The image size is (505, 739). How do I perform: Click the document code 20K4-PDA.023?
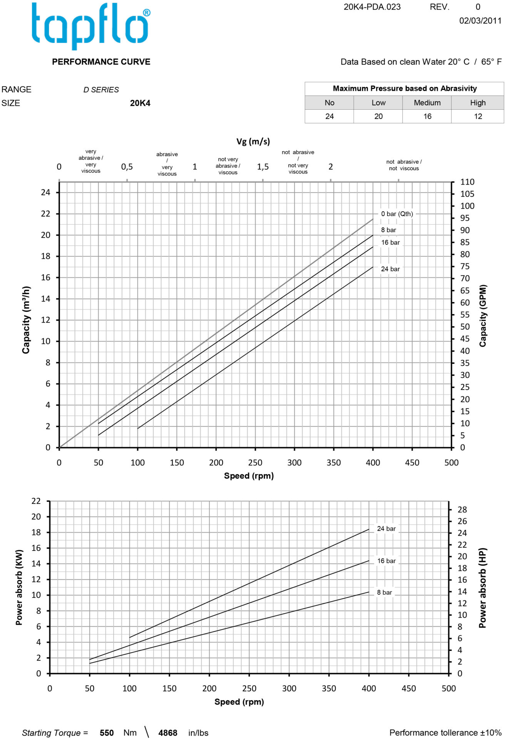[x=372, y=7]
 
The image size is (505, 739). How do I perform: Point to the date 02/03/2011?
[x=480, y=21]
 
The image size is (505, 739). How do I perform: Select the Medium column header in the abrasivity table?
[x=427, y=103]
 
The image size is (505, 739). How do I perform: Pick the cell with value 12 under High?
[x=478, y=116]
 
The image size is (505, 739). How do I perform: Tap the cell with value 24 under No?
[x=329, y=116]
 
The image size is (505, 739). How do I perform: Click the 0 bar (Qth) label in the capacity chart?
[x=397, y=214]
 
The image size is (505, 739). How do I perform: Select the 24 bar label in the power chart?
[x=386, y=529]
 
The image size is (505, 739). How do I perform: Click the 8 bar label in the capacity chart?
[x=388, y=230]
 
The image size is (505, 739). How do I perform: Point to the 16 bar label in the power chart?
[x=386, y=561]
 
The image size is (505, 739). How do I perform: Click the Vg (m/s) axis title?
[x=253, y=142]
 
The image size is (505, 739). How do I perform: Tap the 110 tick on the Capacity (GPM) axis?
[x=467, y=182]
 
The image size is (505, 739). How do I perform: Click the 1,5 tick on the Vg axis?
[x=263, y=167]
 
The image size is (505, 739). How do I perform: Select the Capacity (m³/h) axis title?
[x=26, y=320]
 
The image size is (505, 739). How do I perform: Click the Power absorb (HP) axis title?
[x=483, y=588]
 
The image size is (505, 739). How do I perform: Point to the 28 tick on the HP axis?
[x=462, y=510]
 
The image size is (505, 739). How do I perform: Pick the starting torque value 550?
[x=107, y=733]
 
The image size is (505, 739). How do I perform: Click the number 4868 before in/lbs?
[x=168, y=733]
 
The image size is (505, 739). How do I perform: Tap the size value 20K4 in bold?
[x=140, y=103]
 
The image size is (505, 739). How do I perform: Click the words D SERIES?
[x=101, y=90]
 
